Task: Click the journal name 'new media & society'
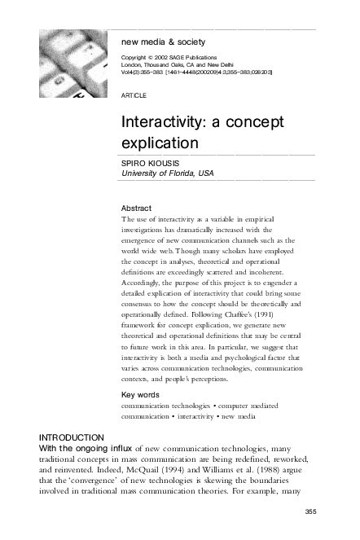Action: pyautogui.click(x=163, y=42)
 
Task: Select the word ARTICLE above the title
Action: pyautogui.click(x=134, y=95)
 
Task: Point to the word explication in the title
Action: pyautogui.click(x=160, y=142)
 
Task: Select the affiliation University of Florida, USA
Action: pyautogui.click(x=167, y=173)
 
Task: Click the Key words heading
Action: pyautogui.click(x=139, y=395)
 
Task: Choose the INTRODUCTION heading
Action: pyautogui.click(x=72, y=437)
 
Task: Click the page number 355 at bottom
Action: pyautogui.click(x=309, y=511)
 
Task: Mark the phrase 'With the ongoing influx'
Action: pyautogui.click(x=86, y=448)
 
